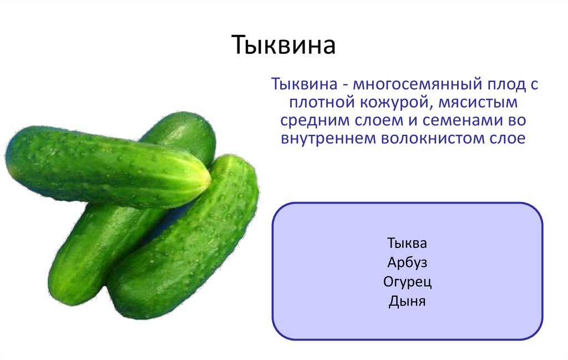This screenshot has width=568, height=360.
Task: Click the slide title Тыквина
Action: tap(283, 46)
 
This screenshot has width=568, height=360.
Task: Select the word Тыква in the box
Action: tap(407, 243)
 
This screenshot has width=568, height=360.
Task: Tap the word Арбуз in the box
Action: tap(407, 262)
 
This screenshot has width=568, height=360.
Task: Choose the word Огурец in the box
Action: tap(407, 282)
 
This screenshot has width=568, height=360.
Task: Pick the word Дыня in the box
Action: tap(407, 302)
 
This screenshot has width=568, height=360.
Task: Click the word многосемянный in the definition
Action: tap(412, 86)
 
